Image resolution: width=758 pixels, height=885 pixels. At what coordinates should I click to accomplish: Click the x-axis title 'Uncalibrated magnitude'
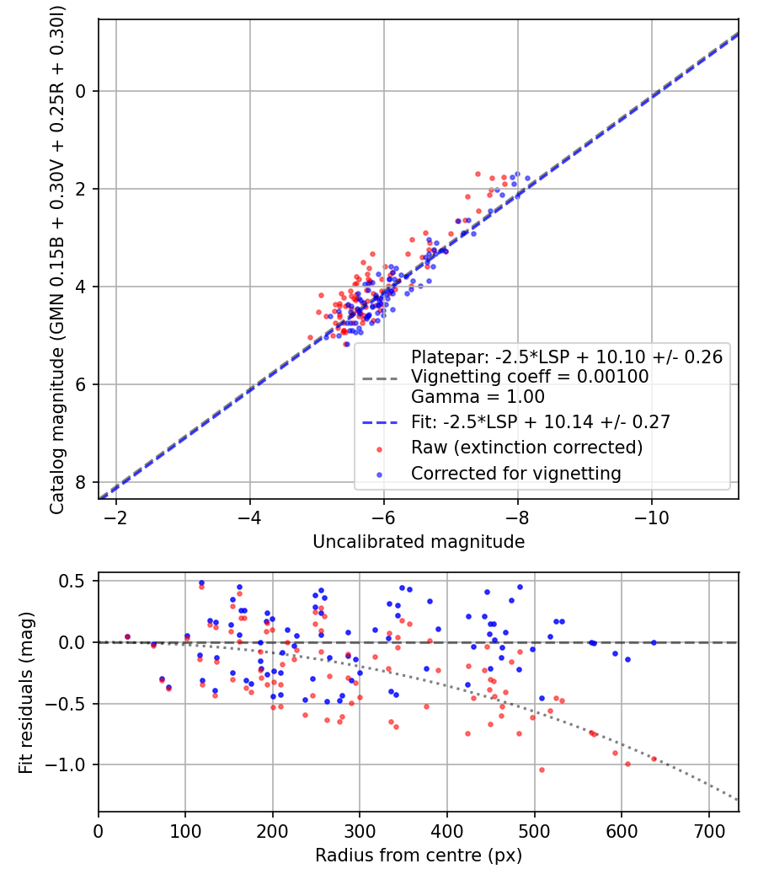(419, 542)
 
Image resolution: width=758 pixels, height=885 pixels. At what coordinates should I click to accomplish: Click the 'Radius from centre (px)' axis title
(419, 855)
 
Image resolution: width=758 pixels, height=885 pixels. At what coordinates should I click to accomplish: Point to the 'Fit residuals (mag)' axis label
(25, 693)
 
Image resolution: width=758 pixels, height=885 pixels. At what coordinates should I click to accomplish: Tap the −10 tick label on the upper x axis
(651, 518)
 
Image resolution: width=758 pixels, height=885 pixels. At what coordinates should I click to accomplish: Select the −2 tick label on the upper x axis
(115, 518)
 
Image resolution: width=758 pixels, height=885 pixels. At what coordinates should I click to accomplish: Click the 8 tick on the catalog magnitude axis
(81, 483)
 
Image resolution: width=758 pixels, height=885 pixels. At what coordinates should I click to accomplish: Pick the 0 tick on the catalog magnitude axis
(81, 91)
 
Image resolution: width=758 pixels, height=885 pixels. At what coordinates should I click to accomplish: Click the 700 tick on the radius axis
(708, 831)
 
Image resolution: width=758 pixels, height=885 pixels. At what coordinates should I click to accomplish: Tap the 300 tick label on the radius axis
(360, 831)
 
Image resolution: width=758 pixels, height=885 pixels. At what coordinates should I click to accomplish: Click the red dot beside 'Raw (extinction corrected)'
(379, 450)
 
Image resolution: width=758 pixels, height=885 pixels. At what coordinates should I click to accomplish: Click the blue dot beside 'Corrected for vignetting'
(379, 475)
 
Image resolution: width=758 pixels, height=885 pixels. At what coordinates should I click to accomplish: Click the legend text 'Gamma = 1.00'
(478, 397)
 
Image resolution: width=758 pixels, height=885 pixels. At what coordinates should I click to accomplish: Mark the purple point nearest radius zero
(127, 636)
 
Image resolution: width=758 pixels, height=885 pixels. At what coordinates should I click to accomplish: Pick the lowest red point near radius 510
(542, 770)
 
